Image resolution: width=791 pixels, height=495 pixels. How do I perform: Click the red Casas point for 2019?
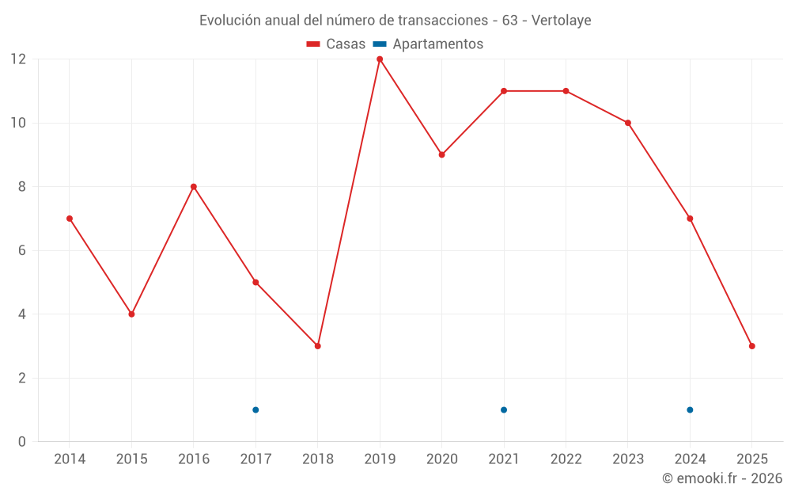click(380, 59)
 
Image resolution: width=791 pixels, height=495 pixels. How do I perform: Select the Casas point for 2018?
click(317, 346)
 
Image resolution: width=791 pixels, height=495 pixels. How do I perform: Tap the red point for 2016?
click(193, 187)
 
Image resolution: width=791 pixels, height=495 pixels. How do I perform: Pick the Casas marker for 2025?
click(751, 346)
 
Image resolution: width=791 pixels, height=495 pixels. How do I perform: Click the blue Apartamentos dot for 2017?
click(255, 409)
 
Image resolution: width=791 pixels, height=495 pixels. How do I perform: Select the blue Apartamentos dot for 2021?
click(504, 409)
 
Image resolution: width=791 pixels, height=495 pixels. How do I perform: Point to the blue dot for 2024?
click(690, 409)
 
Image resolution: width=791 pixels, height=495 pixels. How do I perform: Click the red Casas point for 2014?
click(70, 219)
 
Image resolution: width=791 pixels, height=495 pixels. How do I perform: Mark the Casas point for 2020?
click(441, 154)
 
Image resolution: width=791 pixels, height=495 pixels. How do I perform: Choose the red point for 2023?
click(627, 123)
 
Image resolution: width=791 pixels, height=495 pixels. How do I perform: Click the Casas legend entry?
click(336, 44)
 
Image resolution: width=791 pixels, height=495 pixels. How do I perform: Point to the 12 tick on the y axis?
click(18, 59)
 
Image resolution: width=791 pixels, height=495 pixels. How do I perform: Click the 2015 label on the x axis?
click(131, 459)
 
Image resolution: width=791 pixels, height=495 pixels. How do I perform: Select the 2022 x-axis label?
click(566, 459)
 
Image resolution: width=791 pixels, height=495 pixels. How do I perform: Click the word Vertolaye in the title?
click(561, 21)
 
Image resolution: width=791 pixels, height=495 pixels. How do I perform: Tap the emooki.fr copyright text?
click(721, 478)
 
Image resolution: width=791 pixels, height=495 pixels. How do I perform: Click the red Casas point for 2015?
click(131, 314)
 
